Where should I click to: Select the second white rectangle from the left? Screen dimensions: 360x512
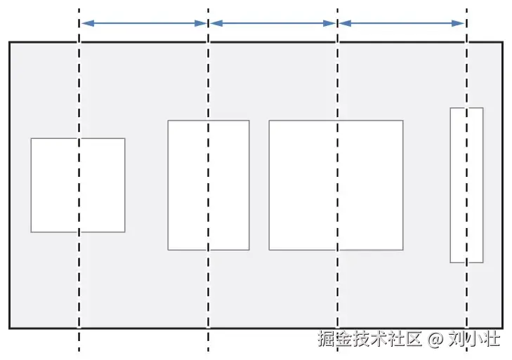tap(190, 185)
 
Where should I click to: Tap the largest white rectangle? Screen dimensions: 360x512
tap(302, 185)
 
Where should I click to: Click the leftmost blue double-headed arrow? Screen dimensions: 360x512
tap(143, 23)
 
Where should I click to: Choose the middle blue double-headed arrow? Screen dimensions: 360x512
tap(273, 23)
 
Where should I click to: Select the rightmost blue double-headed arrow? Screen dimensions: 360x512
tap(402, 23)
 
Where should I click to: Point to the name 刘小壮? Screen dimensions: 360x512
tap(474, 340)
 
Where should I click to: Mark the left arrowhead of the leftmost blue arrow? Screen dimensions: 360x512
tap(84, 23)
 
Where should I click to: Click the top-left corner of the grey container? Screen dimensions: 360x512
tap(10, 43)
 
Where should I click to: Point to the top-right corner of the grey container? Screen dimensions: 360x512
tap(502, 43)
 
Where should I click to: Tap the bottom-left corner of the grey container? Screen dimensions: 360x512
tap(10, 327)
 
